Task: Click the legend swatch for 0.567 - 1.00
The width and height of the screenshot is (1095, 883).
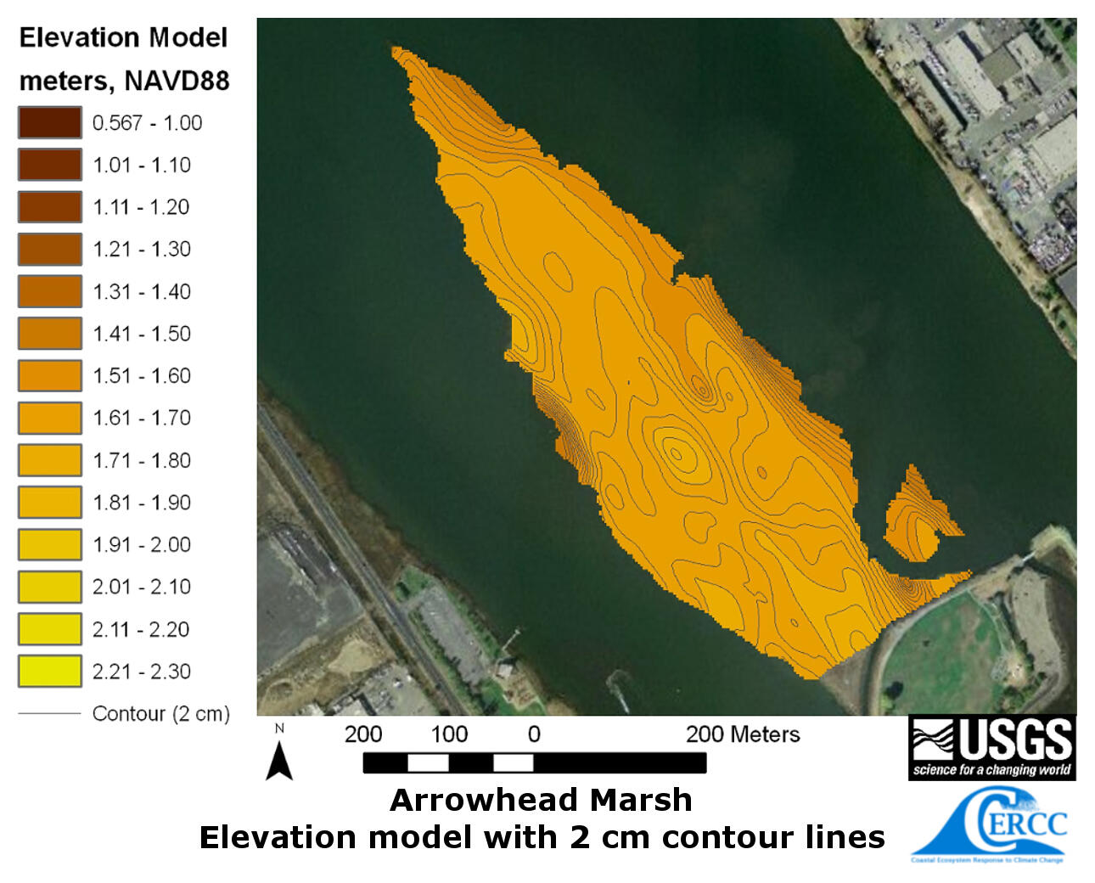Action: [x=50, y=122]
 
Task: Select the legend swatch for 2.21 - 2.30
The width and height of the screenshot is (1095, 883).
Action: [x=50, y=671]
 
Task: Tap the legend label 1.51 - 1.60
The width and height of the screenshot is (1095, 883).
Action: [x=142, y=375]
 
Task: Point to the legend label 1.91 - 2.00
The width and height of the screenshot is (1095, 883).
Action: [x=142, y=544]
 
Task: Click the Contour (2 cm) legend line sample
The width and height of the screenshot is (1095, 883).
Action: [x=49, y=713]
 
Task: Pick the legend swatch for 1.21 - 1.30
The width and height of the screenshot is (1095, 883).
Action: [x=50, y=249]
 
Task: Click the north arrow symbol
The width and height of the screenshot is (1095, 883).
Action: [x=279, y=759]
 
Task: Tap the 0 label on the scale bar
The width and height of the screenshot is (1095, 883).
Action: [x=534, y=734]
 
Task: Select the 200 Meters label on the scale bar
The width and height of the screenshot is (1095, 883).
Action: [x=743, y=734]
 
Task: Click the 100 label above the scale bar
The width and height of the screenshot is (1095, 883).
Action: [x=449, y=734]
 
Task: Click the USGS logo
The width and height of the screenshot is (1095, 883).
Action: [x=991, y=747]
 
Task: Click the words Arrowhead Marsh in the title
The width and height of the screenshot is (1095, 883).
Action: [x=541, y=800]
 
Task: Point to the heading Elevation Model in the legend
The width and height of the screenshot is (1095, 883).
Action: [x=124, y=37]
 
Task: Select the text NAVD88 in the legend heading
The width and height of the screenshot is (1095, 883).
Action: [x=177, y=81]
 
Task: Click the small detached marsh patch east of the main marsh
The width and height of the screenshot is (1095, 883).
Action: [x=915, y=518]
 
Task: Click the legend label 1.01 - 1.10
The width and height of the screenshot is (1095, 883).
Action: [x=142, y=165]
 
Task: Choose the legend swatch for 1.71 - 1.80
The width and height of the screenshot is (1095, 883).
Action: [x=50, y=460]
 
